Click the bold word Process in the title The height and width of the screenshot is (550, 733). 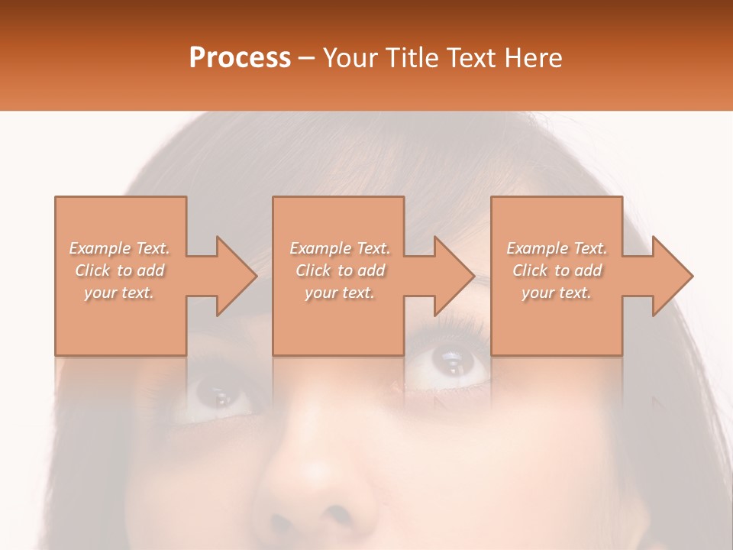tap(240, 57)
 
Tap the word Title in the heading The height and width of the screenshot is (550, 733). tap(410, 57)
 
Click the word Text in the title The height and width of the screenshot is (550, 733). tap(473, 57)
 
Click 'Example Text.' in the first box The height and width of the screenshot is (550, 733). tap(120, 248)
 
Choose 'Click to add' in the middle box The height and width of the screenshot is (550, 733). tap(340, 270)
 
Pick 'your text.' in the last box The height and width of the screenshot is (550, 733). tap(557, 293)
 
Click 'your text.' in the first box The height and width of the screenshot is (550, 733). tap(120, 293)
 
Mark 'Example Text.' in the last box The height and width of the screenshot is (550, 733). tap(557, 248)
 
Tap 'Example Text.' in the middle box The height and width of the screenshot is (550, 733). tap(340, 248)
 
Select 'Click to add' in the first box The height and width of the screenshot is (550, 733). tap(120, 270)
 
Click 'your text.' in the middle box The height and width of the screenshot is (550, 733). tap(340, 293)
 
